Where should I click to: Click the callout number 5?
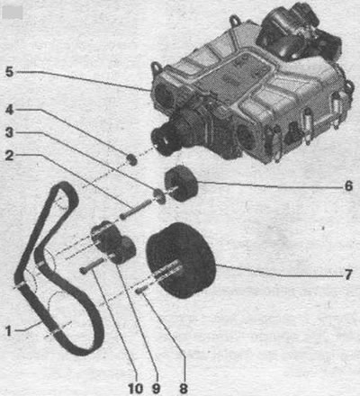coord(10,72)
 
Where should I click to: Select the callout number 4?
coord(10,110)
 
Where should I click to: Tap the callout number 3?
coord(10,132)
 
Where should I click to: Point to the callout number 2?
coord(10,156)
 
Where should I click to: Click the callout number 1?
coord(9,331)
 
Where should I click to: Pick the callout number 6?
coord(348,186)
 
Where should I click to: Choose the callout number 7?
coord(348,274)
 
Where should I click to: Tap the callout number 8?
coord(184,389)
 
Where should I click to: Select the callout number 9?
coord(156,389)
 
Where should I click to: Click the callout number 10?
coord(136,389)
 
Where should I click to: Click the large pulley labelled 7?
coord(180,260)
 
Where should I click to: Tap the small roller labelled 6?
coord(181,184)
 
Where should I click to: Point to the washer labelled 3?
coord(159,196)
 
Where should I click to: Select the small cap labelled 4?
coord(131,159)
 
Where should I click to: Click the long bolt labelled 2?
coord(135,210)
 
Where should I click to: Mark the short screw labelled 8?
coord(140,290)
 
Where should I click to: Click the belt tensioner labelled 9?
coord(113,242)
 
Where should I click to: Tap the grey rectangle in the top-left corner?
coord(12,13)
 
